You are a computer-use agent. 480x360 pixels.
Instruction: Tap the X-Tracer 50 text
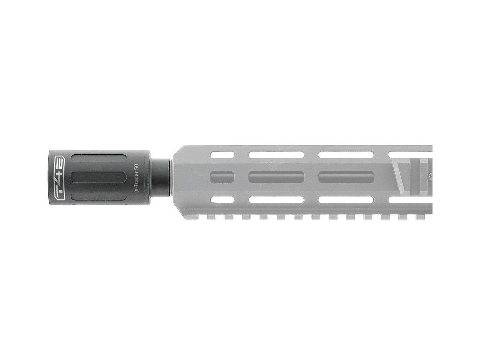(x=136, y=178)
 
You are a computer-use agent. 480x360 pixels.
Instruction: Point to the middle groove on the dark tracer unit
(x=98, y=178)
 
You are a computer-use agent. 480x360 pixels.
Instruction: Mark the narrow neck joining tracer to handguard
(x=160, y=178)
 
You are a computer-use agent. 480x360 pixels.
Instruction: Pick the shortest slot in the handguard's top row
(x=222, y=155)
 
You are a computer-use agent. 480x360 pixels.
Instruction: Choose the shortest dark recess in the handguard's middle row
(x=222, y=177)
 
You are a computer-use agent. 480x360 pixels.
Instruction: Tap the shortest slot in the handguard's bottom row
(x=222, y=200)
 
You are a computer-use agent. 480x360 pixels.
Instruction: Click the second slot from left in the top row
(x=277, y=155)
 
